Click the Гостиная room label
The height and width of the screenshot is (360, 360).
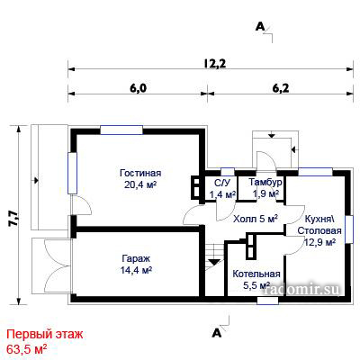(x=140, y=173)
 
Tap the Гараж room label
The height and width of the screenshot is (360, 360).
(x=136, y=258)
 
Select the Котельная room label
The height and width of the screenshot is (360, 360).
(x=256, y=274)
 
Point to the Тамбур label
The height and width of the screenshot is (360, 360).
(x=265, y=182)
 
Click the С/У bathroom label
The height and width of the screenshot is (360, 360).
(x=222, y=183)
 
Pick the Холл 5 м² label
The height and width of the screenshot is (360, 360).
(x=256, y=219)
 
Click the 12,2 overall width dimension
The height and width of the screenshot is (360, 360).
(x=215, y=63)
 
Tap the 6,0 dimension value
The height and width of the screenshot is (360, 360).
(x=137, y=88)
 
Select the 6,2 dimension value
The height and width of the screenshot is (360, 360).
(x=281, y=88)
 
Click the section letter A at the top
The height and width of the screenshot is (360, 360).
(x=260, y=27)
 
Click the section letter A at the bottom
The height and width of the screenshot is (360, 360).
(x=217, y=332)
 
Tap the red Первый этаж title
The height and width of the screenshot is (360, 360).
(x=44, y=334)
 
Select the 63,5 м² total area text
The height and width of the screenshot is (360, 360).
(x=27, y=349)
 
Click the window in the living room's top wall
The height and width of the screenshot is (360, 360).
(x=121, y=130)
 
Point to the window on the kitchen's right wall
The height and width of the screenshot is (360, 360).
(x=348, y=229)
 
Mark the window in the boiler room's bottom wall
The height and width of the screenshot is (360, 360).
(x=268, y=301)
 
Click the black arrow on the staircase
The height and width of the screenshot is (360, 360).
(x=214, y=261)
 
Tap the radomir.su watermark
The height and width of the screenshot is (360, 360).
(x=302, y=289)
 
